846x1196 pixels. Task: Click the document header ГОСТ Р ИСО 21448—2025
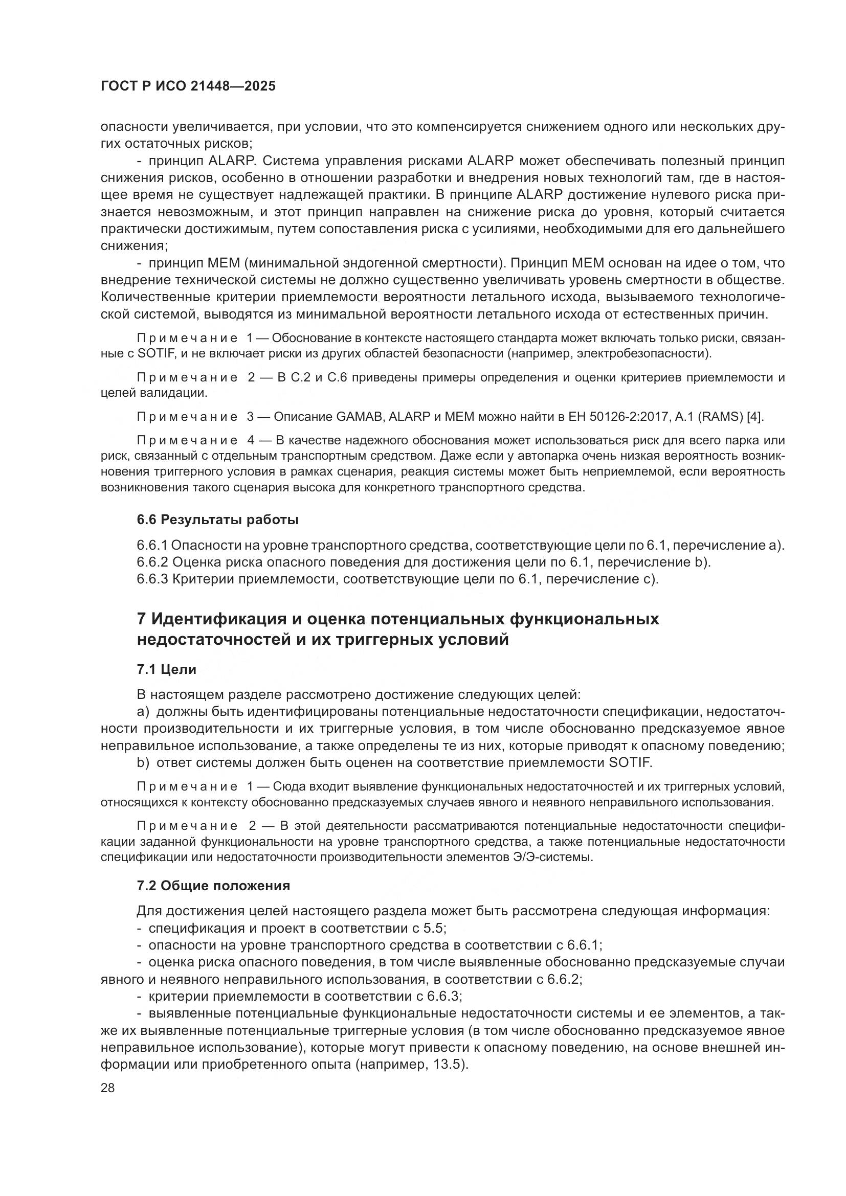pos(188,86)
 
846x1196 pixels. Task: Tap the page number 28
pos(108,1088)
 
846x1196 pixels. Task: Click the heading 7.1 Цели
pos(166,669)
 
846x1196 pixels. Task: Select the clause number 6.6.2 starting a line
pos(152,562)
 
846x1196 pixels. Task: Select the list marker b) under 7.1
pos(143,763)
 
